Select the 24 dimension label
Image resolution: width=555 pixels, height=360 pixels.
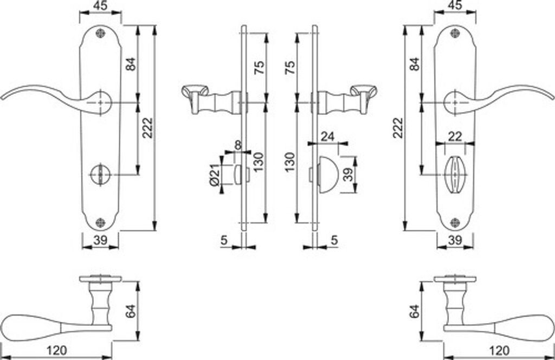[x=327, y=137]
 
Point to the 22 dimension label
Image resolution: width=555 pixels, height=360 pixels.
[x=457, y=137]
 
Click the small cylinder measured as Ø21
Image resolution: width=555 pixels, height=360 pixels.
[x=238, y=175]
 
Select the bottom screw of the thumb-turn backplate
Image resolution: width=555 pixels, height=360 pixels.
[x=454, y=222]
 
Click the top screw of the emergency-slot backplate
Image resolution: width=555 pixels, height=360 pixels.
[x=100, y=33]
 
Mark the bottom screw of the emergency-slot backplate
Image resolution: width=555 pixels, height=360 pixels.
[x=100, y=222]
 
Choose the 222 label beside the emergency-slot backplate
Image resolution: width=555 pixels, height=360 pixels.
[x=147, y=128]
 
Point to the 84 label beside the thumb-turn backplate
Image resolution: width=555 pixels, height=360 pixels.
[x=415, y=64]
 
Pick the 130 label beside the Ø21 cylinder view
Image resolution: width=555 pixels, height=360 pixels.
[x=259, y=161]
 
